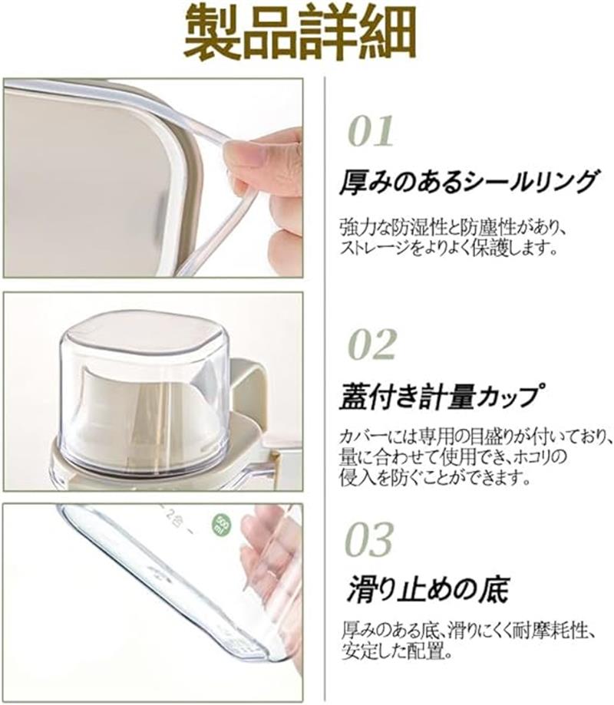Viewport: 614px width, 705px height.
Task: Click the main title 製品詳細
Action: (x=300, y=34)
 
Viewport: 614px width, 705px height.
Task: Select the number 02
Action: (x=372, y=344)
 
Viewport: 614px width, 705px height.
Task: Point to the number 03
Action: (x=369, y=539)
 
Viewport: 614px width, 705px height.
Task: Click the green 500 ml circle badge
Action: (x=223, y=524)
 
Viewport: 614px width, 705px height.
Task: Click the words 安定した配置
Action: (x=392, y=651)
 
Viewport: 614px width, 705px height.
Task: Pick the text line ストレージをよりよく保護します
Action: (x=448, y=248)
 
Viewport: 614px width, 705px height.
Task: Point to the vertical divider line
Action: (x=325, y=386)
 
